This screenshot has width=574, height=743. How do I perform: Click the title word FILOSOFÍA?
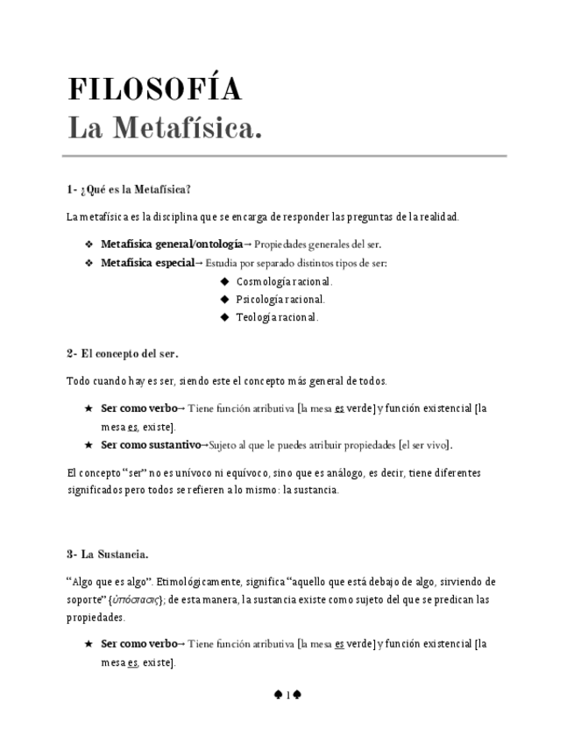tap(154, 89)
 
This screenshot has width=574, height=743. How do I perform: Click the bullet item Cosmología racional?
tap(284, 281)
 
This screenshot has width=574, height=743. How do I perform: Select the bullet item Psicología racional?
tap(280, 299)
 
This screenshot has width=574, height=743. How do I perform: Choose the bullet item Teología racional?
tap(277, 317)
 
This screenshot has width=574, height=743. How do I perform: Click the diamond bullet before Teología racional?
tap(225, 317)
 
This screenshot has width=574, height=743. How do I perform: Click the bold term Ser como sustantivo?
tap(151, 444)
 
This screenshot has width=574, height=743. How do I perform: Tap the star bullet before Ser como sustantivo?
tap(88, 444)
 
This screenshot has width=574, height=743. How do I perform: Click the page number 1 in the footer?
tap(287, 695)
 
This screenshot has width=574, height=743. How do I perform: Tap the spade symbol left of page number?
tap(277, 695)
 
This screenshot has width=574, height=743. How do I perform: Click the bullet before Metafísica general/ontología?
tap(88, 244)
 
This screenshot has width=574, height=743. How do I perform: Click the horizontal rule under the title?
tap(285, 156)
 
